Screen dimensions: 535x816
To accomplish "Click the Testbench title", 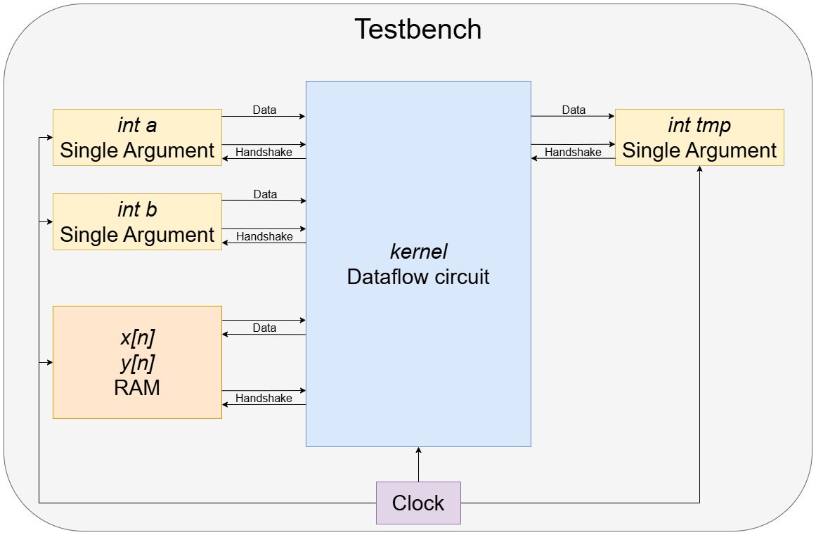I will click(417, 30).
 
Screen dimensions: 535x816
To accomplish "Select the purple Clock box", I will click(418, 503).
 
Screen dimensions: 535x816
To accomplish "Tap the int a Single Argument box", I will click(137, 138).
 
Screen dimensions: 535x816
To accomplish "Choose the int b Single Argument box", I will click(137, 222).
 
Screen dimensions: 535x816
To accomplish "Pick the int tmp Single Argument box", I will click(699, 138).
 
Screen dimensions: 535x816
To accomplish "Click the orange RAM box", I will click(137, 363).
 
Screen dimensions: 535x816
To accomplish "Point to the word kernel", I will click(418, 252).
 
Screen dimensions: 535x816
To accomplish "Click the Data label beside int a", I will click(264, 110).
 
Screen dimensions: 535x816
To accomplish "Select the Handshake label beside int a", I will click(264, 152).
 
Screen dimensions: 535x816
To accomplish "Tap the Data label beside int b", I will click(264, 194).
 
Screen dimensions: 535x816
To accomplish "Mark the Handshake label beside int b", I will click(264, 236).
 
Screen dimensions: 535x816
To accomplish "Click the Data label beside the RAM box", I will click(264, 328).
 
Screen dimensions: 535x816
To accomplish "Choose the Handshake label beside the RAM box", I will click(264, 398).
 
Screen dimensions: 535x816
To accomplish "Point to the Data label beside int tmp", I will click(574, 110).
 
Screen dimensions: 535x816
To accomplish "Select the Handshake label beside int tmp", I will click(573, 152).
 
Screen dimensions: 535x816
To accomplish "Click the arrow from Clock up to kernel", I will click(418, 465).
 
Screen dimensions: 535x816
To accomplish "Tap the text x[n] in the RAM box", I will click(137, 338).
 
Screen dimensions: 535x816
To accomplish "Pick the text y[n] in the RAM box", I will click(137, 363).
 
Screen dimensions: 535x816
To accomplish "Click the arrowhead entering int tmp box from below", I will click(699, 171).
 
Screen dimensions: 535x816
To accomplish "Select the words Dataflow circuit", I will click(418, 276).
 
